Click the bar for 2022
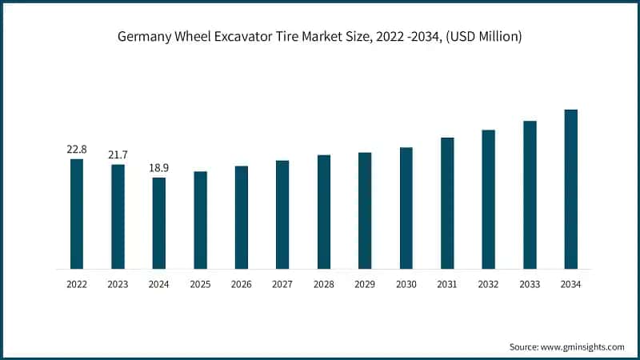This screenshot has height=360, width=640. tap(77, 214)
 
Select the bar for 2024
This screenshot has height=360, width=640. tap(159, 223)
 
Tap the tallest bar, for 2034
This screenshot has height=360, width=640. tap(571, 189)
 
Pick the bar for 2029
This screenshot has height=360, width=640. tap(365, 210)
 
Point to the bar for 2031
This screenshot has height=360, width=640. tap(447, 203)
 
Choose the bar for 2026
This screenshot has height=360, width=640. tap(242, 218)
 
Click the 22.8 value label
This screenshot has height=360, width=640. tap(77, 150)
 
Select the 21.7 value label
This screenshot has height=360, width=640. tap(118, 154)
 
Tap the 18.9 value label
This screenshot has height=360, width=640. tap(159, 168)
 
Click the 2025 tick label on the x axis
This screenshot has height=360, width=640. tap(200, 283)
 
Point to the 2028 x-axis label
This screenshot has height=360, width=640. tap(324, 283)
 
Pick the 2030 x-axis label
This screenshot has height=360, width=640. tap(406, 283)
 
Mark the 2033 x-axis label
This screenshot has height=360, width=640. tap(530, 283)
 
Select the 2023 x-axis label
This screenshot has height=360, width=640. tap(118, 283)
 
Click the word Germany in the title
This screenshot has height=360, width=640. tap(143, 38)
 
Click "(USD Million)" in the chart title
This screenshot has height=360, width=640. tap(482, 38)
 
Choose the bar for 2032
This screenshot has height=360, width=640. tap(489, 199)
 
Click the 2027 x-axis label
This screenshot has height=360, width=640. tap(282, 283)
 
